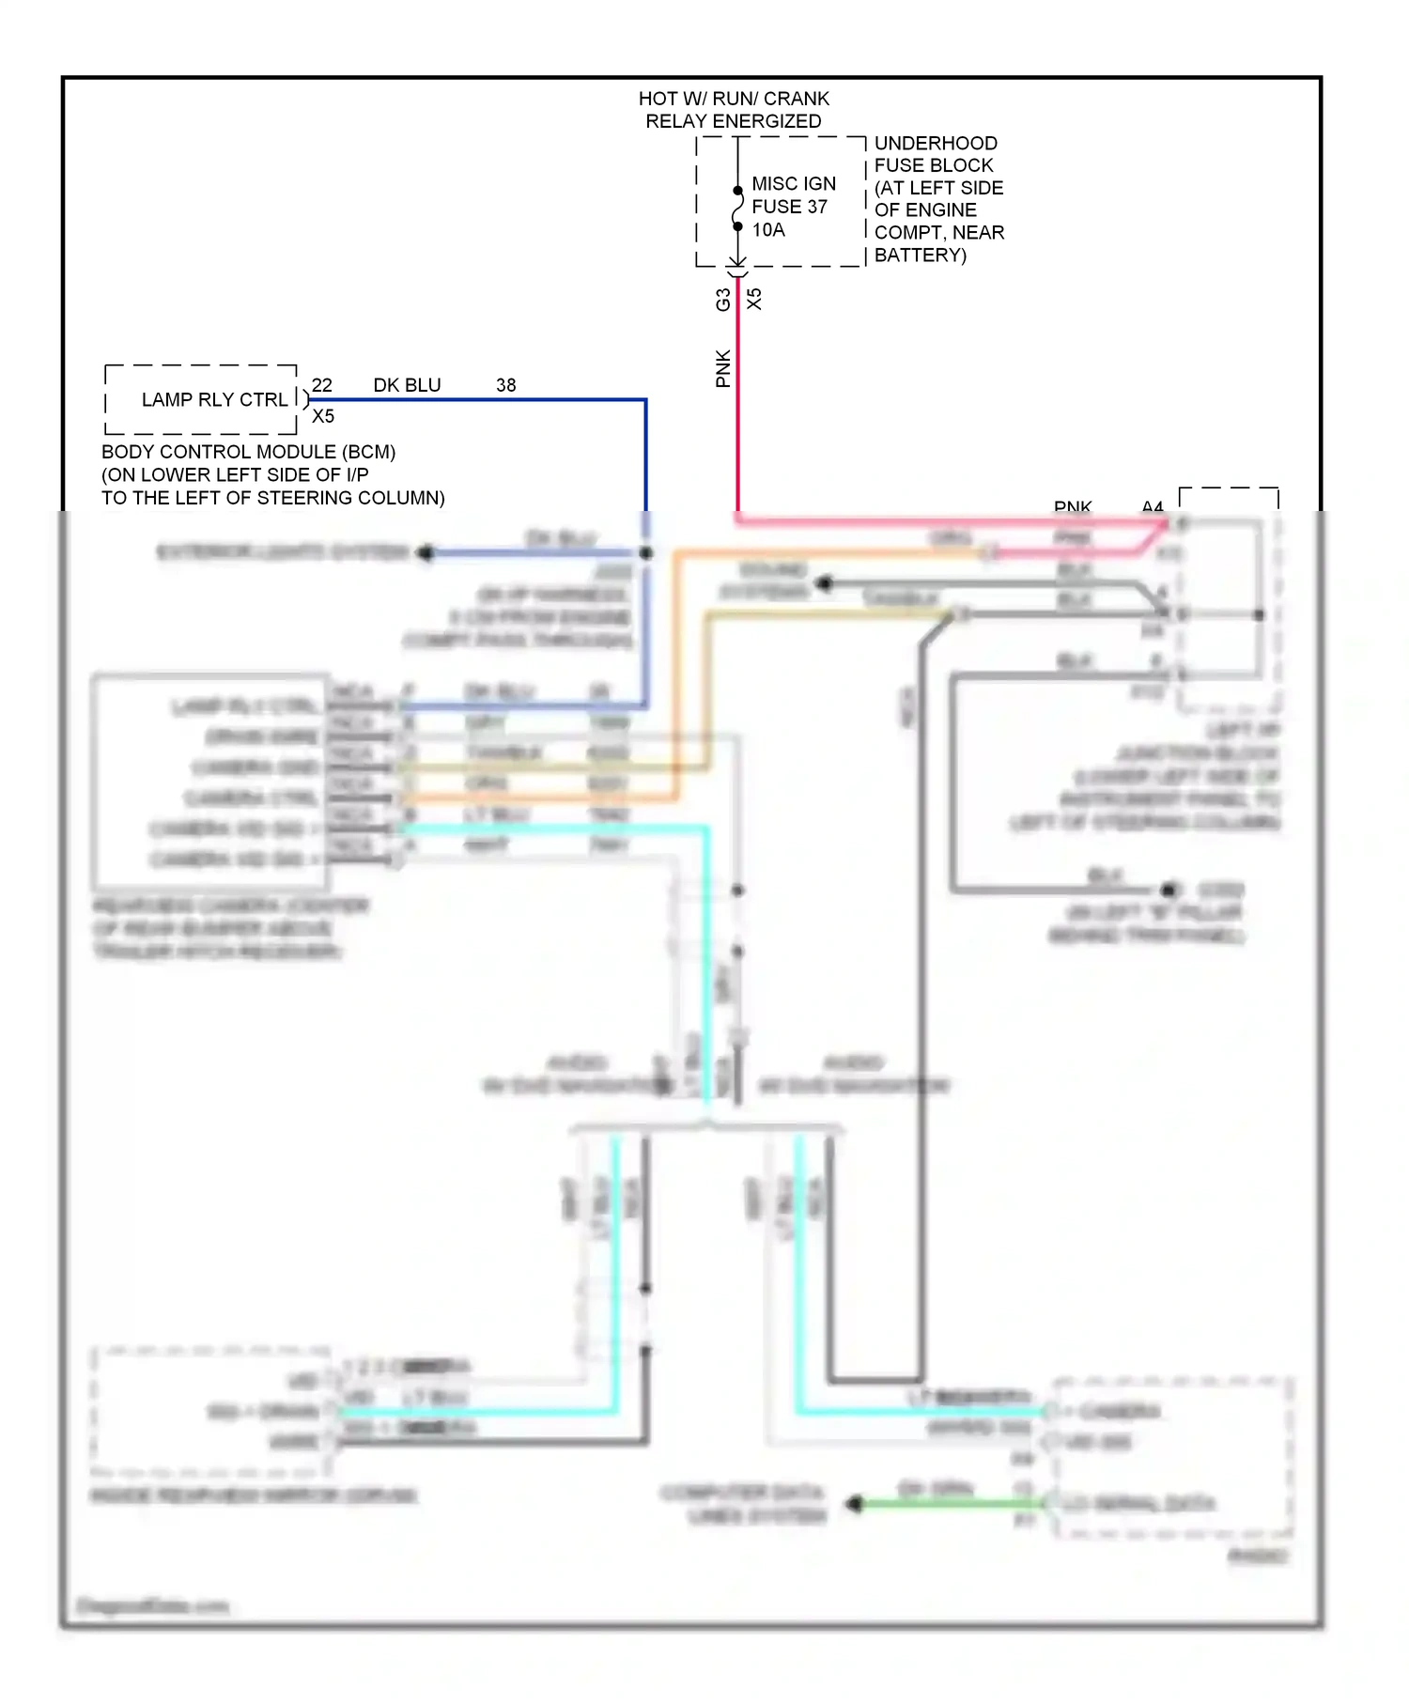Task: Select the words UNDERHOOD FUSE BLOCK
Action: pos(935,154)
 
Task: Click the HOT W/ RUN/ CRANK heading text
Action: pos(734,99)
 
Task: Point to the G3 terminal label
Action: pos(722,300)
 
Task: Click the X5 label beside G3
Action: pos(754,299)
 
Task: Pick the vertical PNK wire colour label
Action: pos(722,368)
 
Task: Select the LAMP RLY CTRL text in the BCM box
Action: pos(214,399)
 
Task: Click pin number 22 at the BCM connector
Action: pos(322,385)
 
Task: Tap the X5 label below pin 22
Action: pos(323,416)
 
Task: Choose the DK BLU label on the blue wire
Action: pos(407,385)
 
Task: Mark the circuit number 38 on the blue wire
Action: pos(505,385)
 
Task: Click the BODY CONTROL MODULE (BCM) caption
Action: pos(248,452)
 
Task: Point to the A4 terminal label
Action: pos(1152,506)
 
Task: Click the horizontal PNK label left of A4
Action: pos(1072,506)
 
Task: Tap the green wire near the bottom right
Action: pos(939,1504)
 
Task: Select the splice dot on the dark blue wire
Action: pos(646,553)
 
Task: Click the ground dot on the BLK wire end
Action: pos(1169,889)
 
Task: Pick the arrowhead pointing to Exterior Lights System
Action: pos(425,552)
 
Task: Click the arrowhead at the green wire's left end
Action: pos(854,1504)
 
